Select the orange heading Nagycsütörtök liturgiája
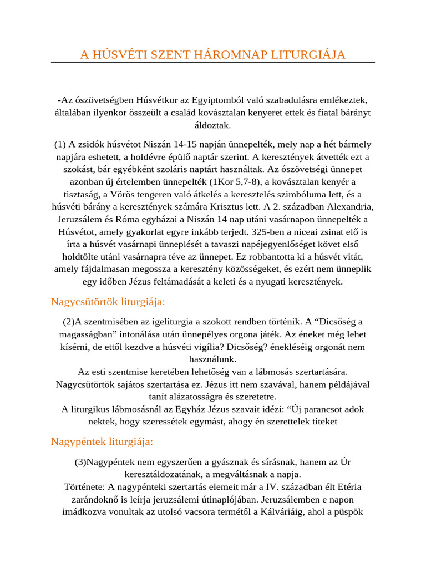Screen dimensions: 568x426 click(x=108, y=302)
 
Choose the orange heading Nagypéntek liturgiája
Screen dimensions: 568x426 click(x=102, y=442)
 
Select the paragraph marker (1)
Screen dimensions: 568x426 click(x=60, y=144)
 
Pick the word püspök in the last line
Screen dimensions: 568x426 click(x=349, y=512)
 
